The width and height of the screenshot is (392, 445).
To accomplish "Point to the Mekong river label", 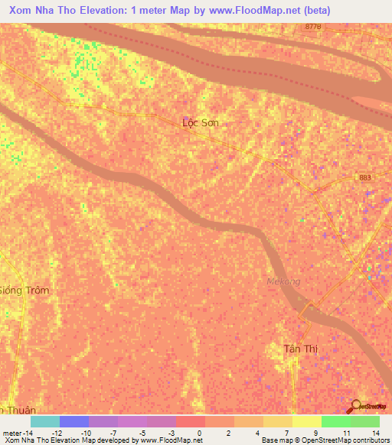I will [x=283, y=281].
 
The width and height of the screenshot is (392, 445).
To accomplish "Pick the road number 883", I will [x=365, y=177].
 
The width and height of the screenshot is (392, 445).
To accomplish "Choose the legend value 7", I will [x=286, y=432].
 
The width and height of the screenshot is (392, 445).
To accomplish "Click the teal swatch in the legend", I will [x=44, y=421].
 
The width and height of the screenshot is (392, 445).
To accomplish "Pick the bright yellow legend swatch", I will [x=306, y=421].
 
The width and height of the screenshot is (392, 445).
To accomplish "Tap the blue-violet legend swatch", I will [x=73, y=421].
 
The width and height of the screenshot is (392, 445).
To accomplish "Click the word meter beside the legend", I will [x=11, y=432].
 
